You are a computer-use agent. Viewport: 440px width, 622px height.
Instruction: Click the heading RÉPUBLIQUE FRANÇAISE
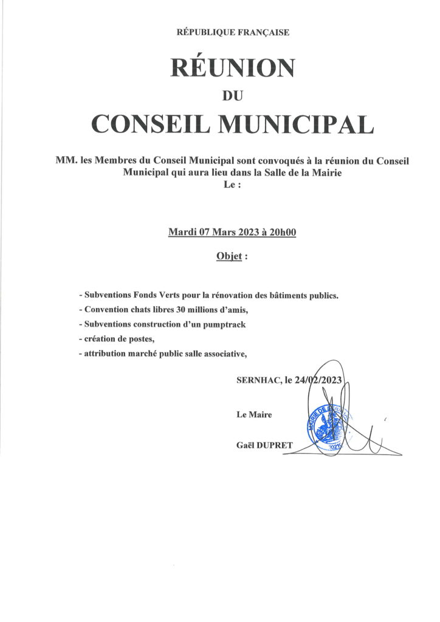click(232, 32)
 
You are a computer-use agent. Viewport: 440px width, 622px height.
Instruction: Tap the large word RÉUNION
click(232, 67)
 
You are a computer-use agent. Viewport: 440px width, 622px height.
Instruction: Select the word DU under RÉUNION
click(233, 95)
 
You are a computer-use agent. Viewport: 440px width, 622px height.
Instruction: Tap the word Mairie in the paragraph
click(327, 174)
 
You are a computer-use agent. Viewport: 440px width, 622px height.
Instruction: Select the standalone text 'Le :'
click(232, 186)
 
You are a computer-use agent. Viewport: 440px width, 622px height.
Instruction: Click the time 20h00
click(283, 231)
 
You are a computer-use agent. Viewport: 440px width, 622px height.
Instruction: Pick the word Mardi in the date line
click(184, 231)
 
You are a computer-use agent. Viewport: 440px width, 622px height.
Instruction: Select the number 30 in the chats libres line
click(180, 310)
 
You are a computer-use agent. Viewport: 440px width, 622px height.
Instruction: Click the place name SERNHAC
click(257, 382)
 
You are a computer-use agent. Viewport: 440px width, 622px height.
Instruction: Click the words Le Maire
click(254, 414)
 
